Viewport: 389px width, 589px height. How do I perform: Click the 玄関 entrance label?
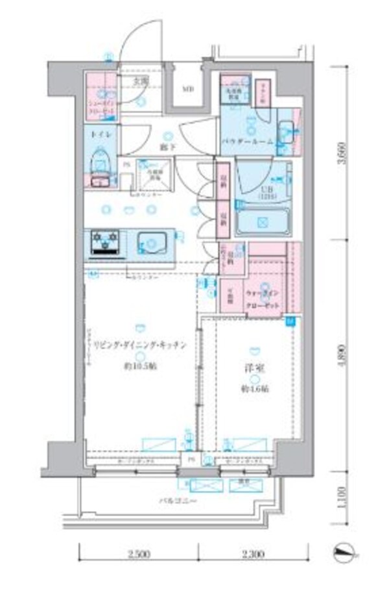point(141,82)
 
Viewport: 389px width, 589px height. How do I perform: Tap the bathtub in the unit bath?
point(263,222)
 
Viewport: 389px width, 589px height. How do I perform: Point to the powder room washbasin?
point(285,132)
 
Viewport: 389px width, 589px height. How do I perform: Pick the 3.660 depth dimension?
point(351,153)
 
